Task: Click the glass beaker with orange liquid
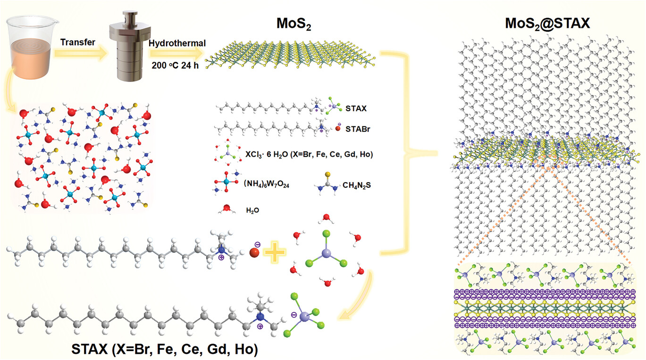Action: click(x=30, y=47)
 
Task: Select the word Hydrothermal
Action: click(x=177, y=43)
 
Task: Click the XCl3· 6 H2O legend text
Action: click(x=310, y=154)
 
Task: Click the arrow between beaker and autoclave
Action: click(x=80, y=55)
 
